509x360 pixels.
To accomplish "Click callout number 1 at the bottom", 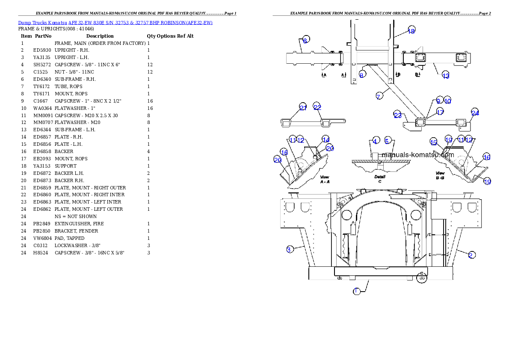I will click(x=356, y=291).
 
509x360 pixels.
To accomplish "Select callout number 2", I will click(x=471, y=255).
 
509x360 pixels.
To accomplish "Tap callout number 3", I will click(x=290, y=249).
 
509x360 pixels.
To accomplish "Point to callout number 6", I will click(x=305, y=41).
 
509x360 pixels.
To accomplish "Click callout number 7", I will click(x=379, y=97).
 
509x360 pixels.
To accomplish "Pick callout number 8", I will click(x=361, y=74).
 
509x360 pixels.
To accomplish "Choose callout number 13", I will click(x=446, y=76).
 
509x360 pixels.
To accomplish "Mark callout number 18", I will click(x=411, y=31).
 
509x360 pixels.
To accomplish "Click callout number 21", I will click(x=303, y=108).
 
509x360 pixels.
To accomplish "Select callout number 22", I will click(x=317, y=107).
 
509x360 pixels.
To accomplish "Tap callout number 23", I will click(x=398, y=115).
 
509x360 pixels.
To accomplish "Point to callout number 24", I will click(x=475, y=113).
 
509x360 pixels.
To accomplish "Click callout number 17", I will click(x=440, y=112).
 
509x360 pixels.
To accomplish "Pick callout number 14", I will click(x=326, y=140).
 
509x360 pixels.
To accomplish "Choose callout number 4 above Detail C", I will click(x=375, y=141).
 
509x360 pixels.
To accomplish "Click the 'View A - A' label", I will click(x=325, y=179).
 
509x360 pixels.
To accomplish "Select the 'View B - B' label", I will click(x=440, y=175).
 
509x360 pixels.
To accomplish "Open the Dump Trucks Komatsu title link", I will click(x=115, y=23).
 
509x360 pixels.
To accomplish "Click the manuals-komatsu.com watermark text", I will click(x=417, y=155).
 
